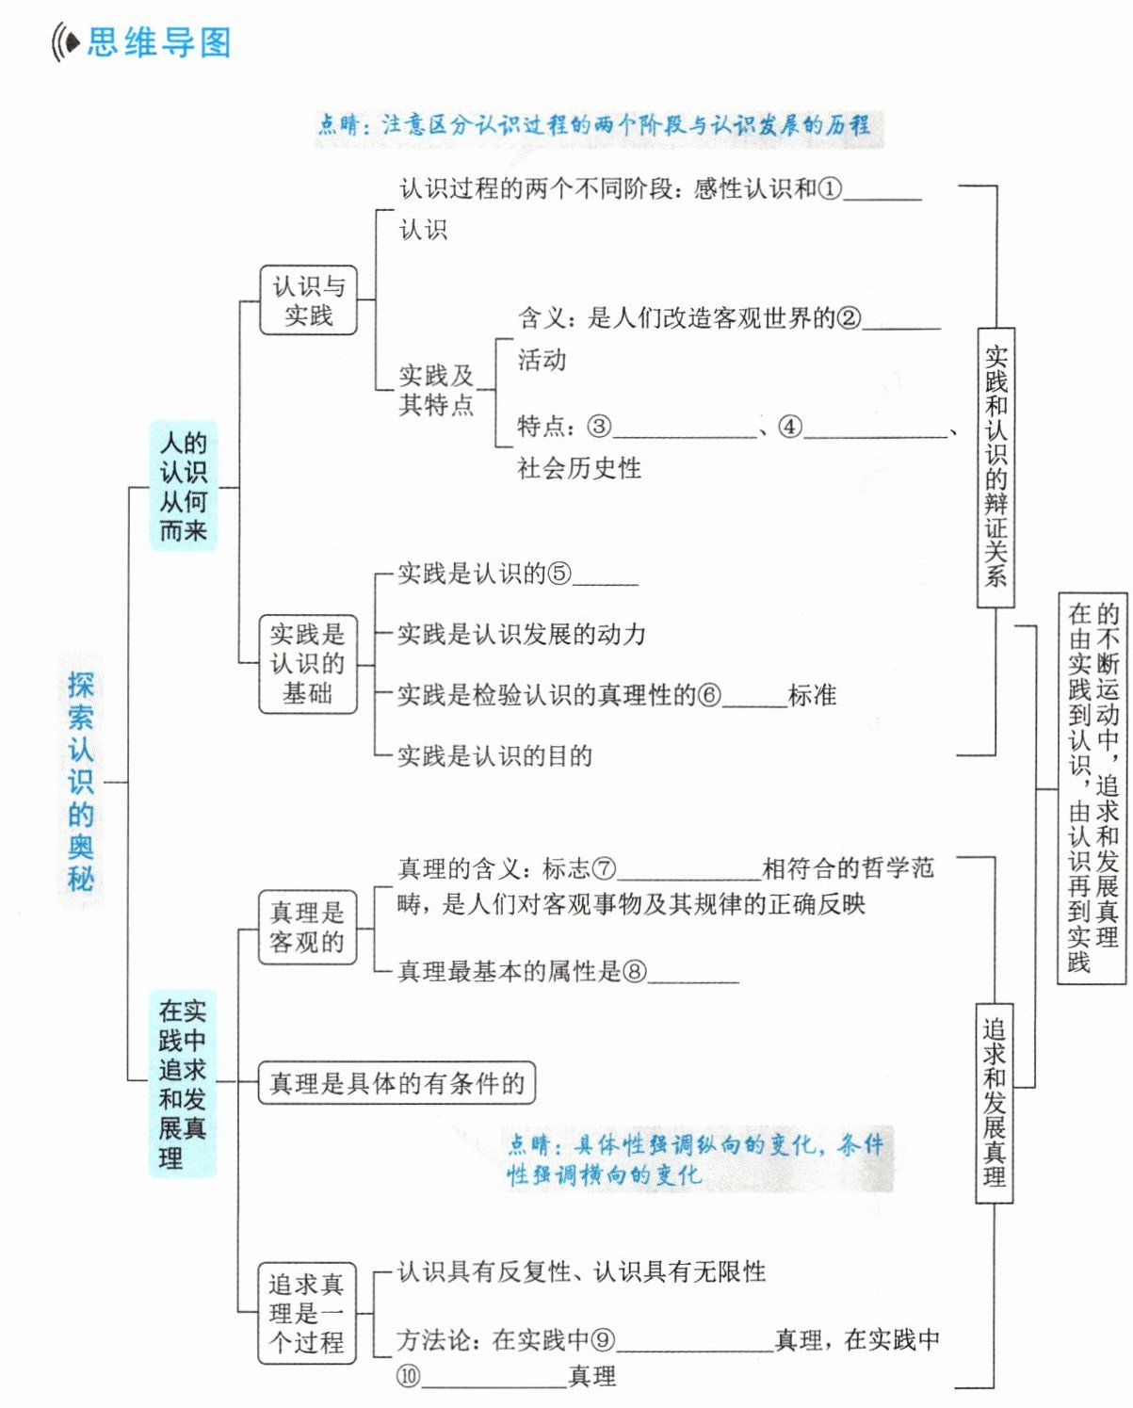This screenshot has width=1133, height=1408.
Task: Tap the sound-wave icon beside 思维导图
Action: pyautogui.click(x=65, y=42)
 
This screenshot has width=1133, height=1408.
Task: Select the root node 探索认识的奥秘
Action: pyautogui.click(x=81, y=781)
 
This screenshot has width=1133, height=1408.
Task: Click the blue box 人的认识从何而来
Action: pyautogui.click(x=183, y=486)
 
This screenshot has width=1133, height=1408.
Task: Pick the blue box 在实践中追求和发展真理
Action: pyautogui.click(x=182, y=1083)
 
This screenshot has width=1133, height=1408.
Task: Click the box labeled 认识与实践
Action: pyautogui.click(x=309, y=300)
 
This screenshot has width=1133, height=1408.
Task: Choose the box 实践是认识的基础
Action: pyautogui.click(x=308, y=663)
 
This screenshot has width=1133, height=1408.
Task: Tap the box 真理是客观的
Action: pyautogui.click(x=307, y=928)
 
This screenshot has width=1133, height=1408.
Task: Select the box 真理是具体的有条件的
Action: pyautogui.click(x=397, y=1083)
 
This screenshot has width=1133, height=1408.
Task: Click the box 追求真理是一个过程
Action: pyautogui.click(x=307, y=1313)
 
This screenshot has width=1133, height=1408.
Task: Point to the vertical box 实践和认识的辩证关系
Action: pyautogui.click(x=995, y=467)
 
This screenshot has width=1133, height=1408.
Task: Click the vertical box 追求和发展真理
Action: pyautogui.click(x=995, y=1102)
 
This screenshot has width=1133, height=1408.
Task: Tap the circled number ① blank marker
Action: pyautogui.click(x=830, y=189)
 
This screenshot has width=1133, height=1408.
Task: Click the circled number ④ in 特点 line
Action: pyautogui.click(x=790, y=427)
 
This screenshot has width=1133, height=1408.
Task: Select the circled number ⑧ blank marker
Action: pyautogui.click(x=635, y=971)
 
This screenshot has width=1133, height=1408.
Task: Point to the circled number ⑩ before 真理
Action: pyautogui.click(x=408, y=1376)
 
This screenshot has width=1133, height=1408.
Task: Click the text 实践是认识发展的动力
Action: pyautogui.click(x=522, y=635)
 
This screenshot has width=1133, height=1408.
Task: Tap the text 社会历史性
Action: pyautogui.click(x=579, y=468)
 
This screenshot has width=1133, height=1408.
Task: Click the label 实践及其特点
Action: pyautogui.click(x=436, y=390)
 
